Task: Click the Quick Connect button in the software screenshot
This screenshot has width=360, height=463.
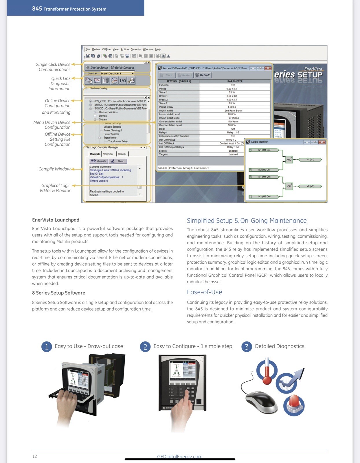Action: click(123, 68)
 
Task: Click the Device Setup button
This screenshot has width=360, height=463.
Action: click(97, 68)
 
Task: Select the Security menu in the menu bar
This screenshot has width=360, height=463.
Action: click(135, 49)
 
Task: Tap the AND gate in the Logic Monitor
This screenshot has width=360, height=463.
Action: click(289, 159)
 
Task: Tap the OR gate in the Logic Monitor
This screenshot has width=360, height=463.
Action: click(289, 186)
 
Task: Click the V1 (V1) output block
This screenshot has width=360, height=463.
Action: click(310, 159)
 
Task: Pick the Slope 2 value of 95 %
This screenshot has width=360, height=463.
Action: click(232, 103)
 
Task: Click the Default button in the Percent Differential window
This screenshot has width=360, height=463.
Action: click(203, 75)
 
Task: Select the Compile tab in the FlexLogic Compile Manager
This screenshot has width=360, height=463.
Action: click(95, 154)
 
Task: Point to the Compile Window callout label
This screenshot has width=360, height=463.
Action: click(54, 169)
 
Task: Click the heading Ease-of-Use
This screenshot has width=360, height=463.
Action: click(204, 292)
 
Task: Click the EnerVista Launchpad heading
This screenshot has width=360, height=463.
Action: click(56, 220)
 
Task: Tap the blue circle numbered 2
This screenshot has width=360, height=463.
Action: click(145, 347)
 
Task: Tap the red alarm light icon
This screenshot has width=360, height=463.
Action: click(294, 405)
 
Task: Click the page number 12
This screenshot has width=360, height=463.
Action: click(35, 456)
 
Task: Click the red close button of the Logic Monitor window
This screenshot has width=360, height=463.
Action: click(322, 142)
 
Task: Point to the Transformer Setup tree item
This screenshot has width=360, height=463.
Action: click(118, 142)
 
